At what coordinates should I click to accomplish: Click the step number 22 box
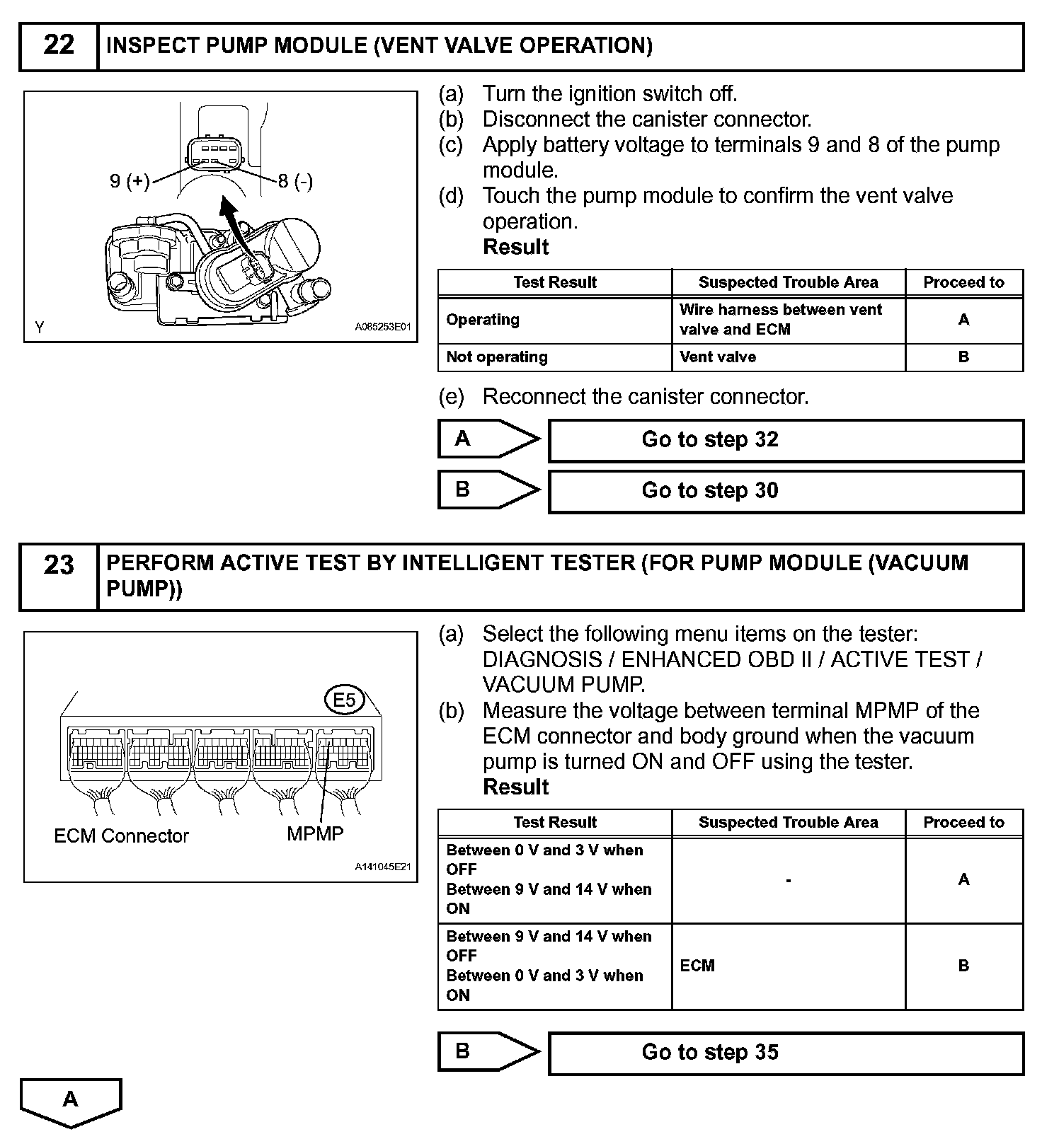coord(59,46)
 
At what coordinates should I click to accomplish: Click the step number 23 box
coord(59,576)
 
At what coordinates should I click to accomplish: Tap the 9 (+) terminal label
coord(130,182)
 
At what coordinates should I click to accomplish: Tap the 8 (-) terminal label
coord(295,182)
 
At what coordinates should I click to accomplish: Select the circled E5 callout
coord(344,700)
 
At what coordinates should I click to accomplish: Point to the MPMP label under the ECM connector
coord(315,834)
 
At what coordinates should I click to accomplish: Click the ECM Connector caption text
coord(121,836)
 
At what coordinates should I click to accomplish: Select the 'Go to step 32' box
coord(786,440)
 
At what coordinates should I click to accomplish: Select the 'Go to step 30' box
coord(786,491)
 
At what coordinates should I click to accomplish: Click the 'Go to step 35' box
coord(786,1053)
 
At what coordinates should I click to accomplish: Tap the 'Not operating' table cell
coord(497,357)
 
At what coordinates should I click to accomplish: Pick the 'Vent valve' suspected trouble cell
coord(718,357)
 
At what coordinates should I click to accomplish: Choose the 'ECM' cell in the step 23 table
coord(697,966)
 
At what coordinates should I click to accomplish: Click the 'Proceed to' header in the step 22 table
coord(963,282)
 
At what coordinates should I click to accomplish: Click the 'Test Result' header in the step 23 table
coord(555,822)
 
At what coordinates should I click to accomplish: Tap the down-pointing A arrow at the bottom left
coord(71,1101)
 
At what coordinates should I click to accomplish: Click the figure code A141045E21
coord(382,867)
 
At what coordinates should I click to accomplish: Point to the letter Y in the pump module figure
coord(40,328)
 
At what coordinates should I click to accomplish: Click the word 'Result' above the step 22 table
coord(515,247)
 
